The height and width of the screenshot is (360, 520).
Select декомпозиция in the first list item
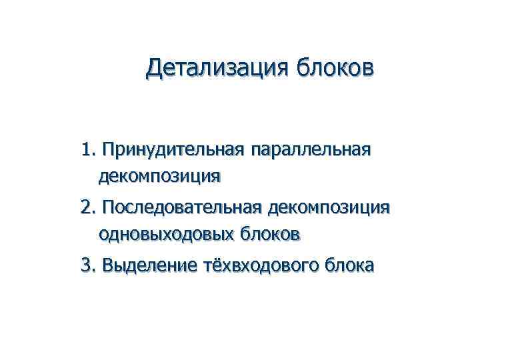159,177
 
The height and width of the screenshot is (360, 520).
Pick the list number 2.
88,208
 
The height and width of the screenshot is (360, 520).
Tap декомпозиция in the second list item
328,208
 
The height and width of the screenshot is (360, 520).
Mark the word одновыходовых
167,234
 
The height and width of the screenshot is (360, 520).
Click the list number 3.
88,266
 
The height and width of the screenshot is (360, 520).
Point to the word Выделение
151,266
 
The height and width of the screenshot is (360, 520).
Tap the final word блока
349,266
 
